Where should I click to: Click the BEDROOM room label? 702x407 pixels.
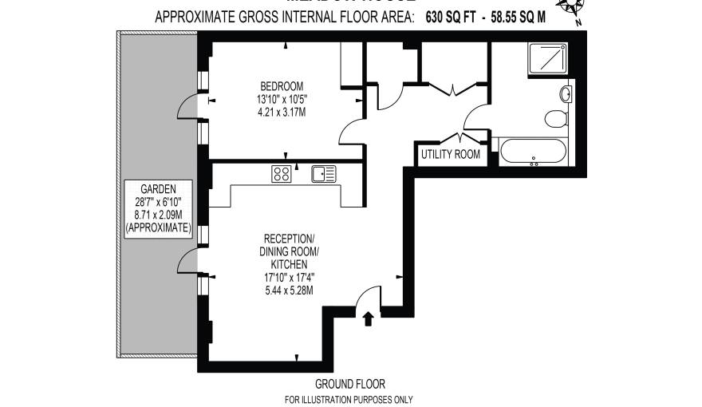pyautogui.click(x=281, y=86)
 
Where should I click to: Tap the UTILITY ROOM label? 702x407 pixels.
pyautogui.click(x=451, y=154)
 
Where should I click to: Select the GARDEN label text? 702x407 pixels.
pyautogui.click(x=158, y=189)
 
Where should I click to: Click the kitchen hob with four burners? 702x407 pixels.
pyautogui.click(x=281, y=173)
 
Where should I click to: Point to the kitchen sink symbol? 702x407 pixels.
pyautogui.click(x=324, y=173)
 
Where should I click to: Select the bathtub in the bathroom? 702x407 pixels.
pyautogui.click(x=533, y=152)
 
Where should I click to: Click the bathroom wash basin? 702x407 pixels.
pyautogui.click(x=567, y=94)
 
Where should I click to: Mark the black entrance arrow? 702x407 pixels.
pyautogui.click(x=368, y=319)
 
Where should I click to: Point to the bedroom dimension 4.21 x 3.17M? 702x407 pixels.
pyautogui.click(x=281, y=113)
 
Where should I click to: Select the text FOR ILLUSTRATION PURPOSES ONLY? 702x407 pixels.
pyautogui.click(x=349, y=399)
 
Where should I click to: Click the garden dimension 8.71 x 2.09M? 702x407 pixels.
pyautogui.click(x=158, y=215)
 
